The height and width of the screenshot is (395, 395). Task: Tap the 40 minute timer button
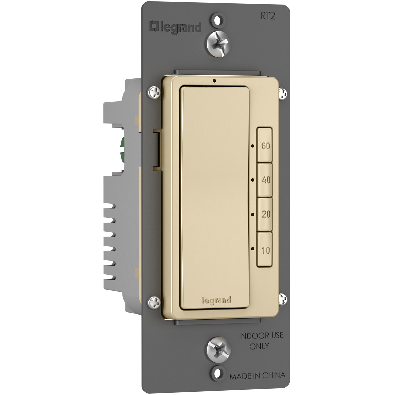(264, 180)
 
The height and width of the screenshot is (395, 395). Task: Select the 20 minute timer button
(264, 214)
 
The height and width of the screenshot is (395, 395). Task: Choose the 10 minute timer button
(264, 250)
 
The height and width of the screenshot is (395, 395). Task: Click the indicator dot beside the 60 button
(253, 146)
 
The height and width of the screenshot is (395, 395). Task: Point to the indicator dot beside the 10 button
(253, 249)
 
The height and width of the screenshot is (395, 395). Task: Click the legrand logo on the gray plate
(175, 27)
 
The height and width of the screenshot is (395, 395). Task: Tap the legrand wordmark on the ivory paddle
(217, 301)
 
